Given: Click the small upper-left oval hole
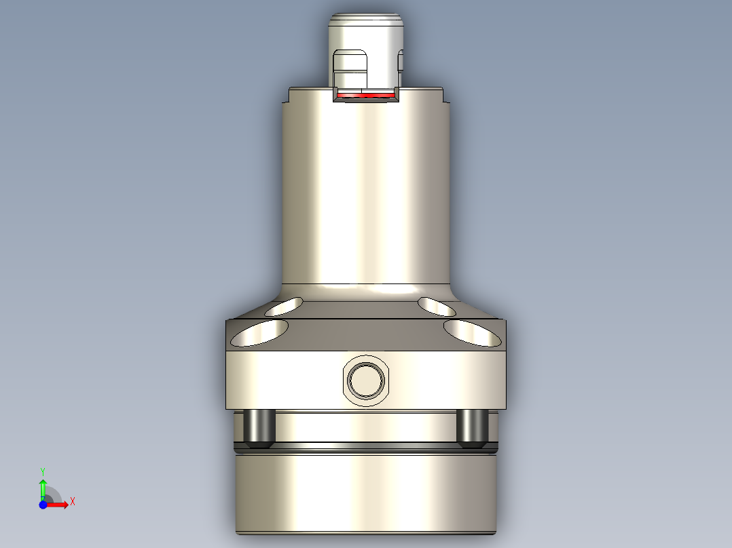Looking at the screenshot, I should point(286,306).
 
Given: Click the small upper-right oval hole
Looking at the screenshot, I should point(437,306).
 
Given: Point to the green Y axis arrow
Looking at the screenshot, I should point(43,487).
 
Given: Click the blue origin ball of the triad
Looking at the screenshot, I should point(43,505).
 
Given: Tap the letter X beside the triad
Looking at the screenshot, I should point(72,502).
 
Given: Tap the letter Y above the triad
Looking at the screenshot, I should point(42,471).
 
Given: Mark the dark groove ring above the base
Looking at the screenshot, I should point(366,448).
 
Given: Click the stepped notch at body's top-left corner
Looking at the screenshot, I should point(287,96).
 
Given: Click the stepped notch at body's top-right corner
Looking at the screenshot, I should point(445,96).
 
